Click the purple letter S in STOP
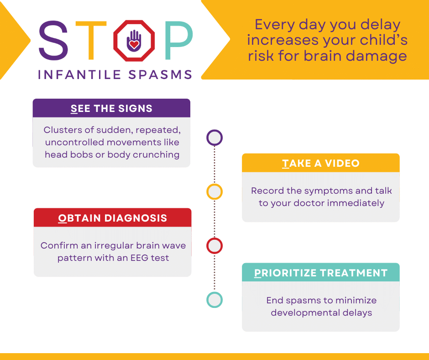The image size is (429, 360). click(53, 40)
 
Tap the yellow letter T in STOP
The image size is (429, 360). click(91, 40)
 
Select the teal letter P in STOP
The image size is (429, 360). click(179, 40)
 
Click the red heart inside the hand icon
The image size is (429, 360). click(134, 44)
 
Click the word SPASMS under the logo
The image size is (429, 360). click(160, 75)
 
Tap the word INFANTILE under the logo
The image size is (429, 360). click(79, 75)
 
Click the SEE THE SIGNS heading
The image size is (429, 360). click(111, 108)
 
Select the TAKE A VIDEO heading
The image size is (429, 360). click(321, 163)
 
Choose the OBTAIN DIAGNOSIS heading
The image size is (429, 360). click(112, 218)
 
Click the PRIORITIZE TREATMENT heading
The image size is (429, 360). click(321, 273)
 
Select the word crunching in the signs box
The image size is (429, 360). click(156, 155)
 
